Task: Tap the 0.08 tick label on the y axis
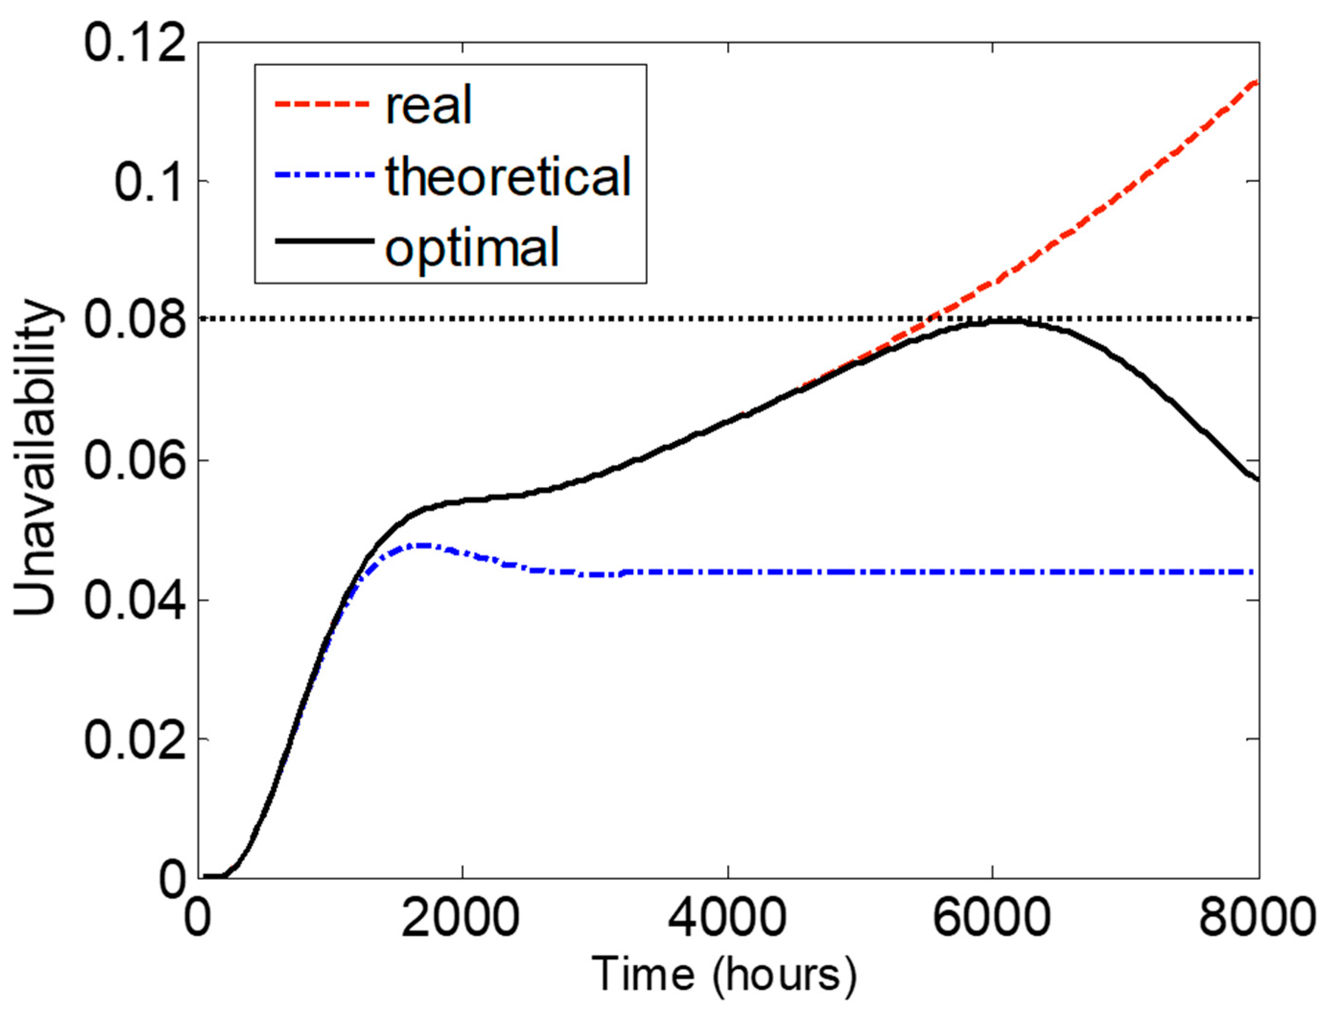coord(134,321)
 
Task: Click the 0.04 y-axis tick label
coord(134,600)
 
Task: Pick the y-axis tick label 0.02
coord(134,740)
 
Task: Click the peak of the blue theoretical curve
coord(423,545)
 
